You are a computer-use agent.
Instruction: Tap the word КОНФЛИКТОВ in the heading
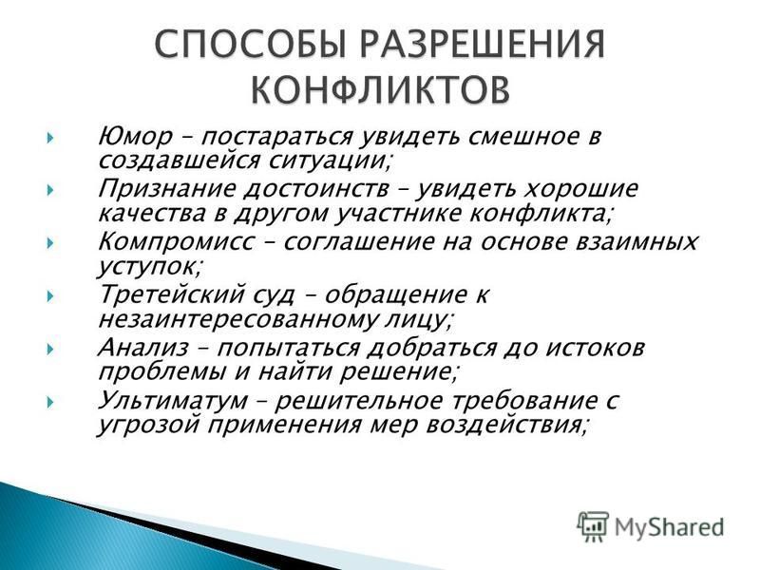click(381, 89)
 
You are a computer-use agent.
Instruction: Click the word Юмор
click(135, 137)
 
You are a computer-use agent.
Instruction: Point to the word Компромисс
click(176, 242)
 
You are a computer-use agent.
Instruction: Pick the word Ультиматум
click(173, 401)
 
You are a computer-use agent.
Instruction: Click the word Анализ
click(143, 348)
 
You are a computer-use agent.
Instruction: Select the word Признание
click(163, 189)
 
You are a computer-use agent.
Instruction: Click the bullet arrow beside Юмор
click(50, 139)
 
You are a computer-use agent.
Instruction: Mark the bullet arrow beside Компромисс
click(50, 243)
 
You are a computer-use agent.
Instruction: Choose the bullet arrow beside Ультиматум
click(50, 402)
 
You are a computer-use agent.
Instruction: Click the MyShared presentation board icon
click(592, 526)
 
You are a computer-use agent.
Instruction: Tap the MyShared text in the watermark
click(670, 527)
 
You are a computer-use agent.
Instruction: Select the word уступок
click(148, 268)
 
